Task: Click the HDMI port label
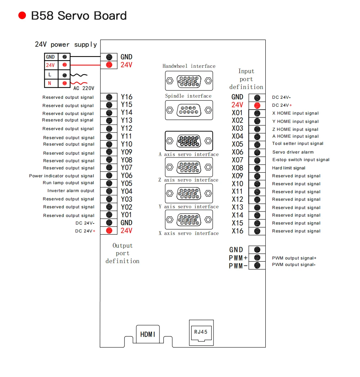click(x=148, y=334)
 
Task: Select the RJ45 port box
click(x=201, y=332)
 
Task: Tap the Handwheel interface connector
click(x=189, y=81)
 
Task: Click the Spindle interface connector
click(x=189, y=110)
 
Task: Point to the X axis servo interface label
click(x=189, y=233)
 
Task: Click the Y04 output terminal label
click(x=126, y=191)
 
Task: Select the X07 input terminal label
click(x=237, y=160)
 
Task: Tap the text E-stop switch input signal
click(x=301, y=160)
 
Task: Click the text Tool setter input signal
click(x=298, y=143)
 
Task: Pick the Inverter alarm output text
click(x=71, y=191)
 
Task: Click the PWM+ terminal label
click(x=238, y=258)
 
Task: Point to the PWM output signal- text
click(x=294, y=265)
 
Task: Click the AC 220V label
click(x=84, y=88)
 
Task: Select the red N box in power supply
click(x=50, y=83)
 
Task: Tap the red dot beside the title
click(x=22, y=15)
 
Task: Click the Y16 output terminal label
click(x=126, y=97)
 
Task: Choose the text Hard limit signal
click(x=288, y=168)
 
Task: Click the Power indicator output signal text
click(x=62, y=176)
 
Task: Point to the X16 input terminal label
click(x=237, y=231)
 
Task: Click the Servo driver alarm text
click(x=293, y=152)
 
